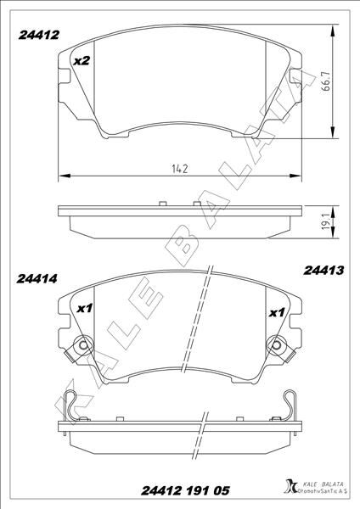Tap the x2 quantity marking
82,61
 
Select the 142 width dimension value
179,168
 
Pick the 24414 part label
37,277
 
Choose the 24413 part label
322,271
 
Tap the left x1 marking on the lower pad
84,310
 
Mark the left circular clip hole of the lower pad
82,346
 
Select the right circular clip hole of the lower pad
278,346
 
